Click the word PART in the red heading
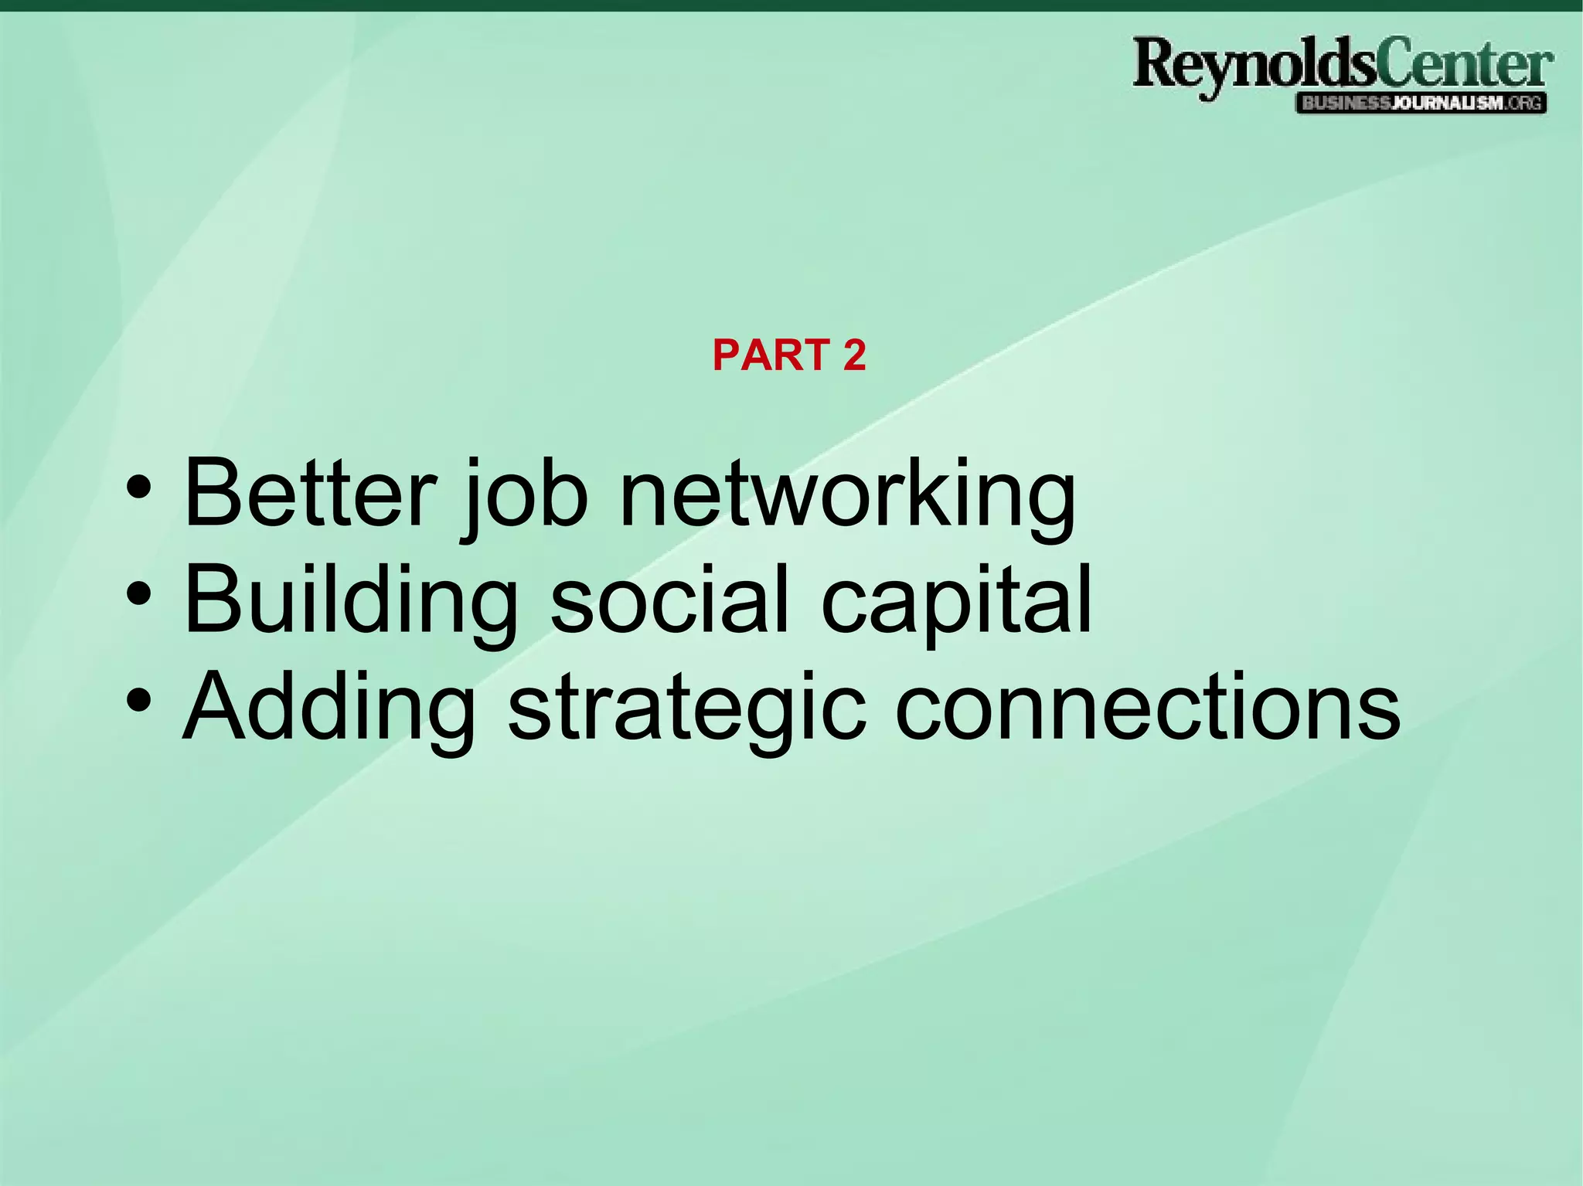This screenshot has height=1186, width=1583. pyautogui.click(x=770, y=355)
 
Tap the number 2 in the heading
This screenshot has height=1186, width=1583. pyautogui.click(x=854, y=355)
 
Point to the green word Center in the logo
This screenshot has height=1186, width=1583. pyautogui.click(x=1464, y=65)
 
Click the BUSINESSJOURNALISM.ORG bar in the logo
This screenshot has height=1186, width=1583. pyautogui.click(x=1421, y=104)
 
